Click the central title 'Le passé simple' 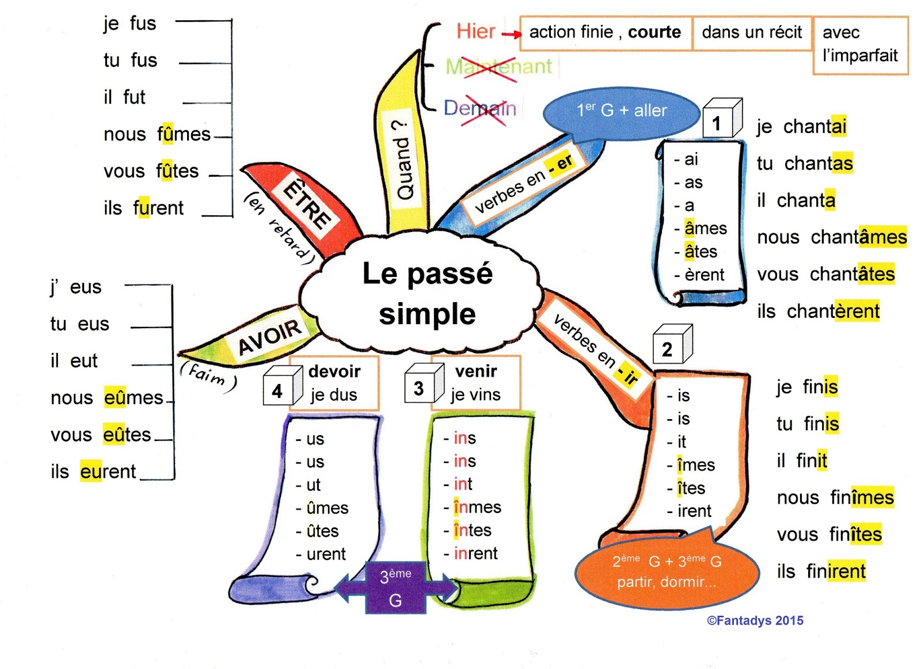tap(427, 294)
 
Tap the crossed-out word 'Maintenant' tap(498, 67)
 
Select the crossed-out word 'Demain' tap(479, 108)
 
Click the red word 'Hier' tap(475, 31)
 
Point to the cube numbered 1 tap(721, 120)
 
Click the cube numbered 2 tap(671, 345)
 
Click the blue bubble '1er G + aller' tap(622, 112)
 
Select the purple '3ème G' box tap(395, 587)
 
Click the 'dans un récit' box tap(752, 33)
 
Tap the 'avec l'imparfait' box tap(860, 44)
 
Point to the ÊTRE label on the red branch tap(307, 204)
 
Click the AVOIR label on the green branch tap(269, 336)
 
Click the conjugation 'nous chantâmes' tap(831, 237)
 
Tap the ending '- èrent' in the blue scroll tap(699, 275)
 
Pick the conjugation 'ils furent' tap(143, 208)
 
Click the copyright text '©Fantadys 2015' tap(755, 621)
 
